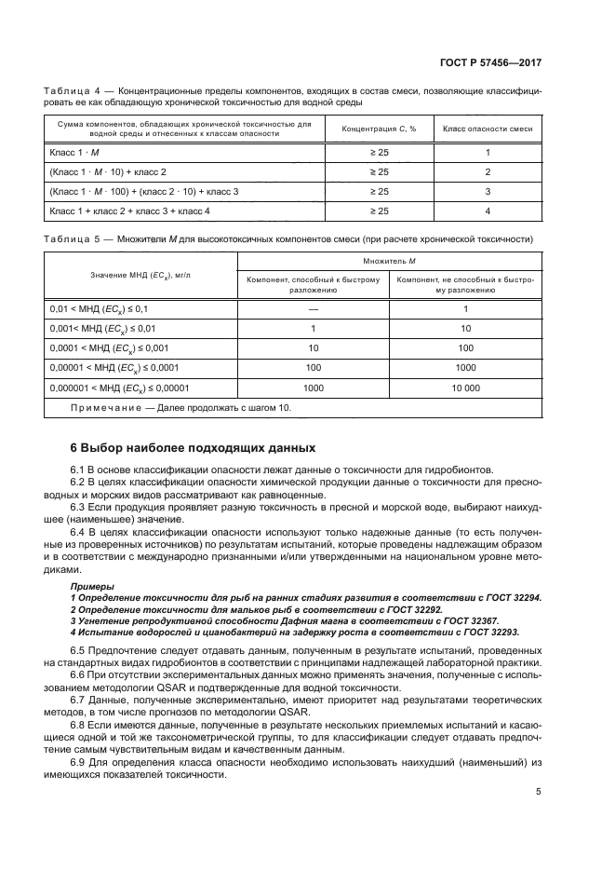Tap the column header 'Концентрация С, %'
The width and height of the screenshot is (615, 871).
tap(380, 129)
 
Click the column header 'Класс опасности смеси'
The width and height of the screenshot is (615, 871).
tap(488, 129)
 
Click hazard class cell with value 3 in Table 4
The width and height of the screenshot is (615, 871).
tap(488, 191)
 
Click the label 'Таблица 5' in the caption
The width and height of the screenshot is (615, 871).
tap(72, 238)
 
